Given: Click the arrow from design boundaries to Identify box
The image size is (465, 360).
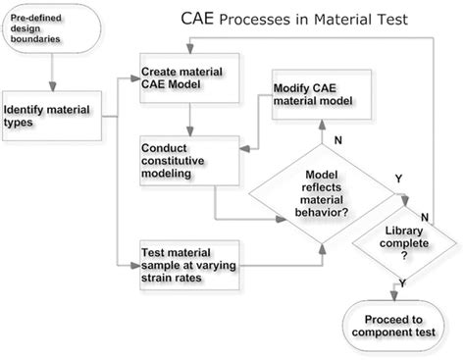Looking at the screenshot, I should [50, 75].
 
